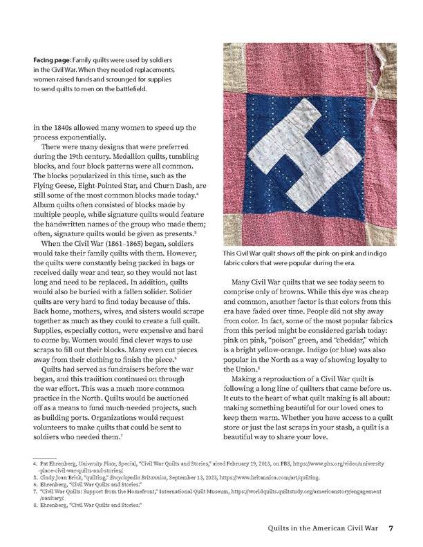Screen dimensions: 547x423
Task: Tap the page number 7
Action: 391,529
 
